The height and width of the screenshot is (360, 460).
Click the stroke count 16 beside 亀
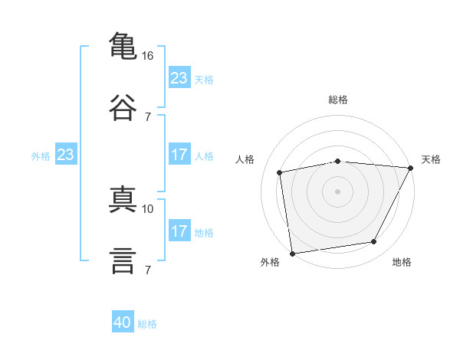148,56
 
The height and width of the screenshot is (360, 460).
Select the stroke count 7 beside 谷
148,116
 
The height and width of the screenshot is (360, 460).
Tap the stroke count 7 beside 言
148,270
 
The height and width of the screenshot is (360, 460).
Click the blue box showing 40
123,323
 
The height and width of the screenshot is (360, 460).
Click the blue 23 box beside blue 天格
179,78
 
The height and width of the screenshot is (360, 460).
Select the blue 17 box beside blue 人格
179,155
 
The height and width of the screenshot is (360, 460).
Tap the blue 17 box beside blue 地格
179,231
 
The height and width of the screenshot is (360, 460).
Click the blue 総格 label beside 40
147,324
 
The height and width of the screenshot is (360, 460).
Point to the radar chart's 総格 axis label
338,100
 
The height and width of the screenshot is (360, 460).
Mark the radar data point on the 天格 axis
411,168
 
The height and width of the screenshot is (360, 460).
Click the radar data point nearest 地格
374,242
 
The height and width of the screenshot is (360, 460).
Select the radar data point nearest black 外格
292,253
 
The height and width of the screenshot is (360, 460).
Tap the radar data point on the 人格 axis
280,172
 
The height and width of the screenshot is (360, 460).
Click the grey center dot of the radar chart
338,191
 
